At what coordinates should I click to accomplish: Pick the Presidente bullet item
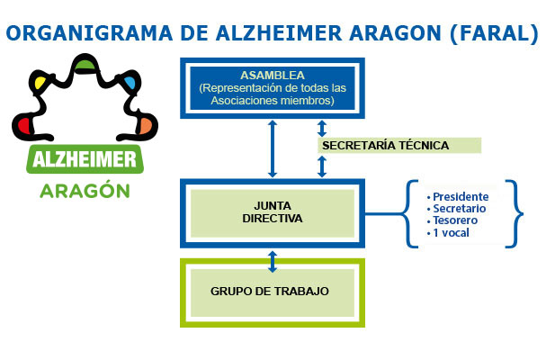pos(461,196)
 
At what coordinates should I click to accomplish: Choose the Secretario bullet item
pos(460,209)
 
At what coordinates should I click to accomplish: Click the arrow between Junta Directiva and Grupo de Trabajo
pos(273,260)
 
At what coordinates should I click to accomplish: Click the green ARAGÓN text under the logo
pos(84,192)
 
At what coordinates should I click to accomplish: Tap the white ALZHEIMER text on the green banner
pos(85,162)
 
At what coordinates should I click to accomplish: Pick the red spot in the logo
pos(26,121)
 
